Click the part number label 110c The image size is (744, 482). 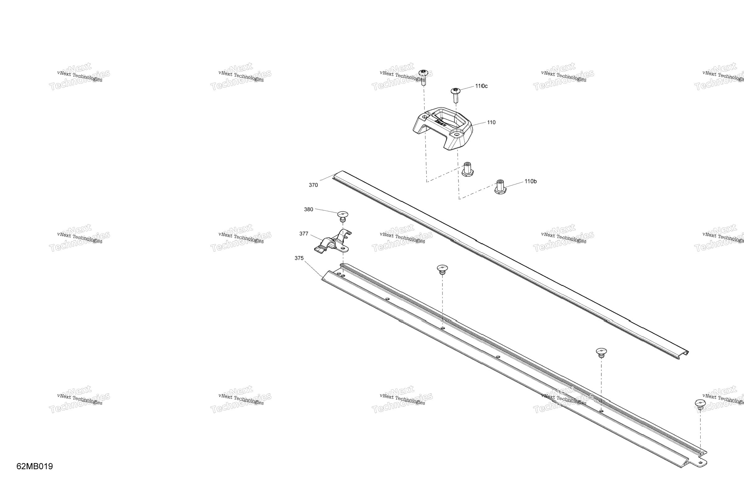481,86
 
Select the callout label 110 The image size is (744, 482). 491,122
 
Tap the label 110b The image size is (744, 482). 530,181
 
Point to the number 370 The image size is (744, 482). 313,185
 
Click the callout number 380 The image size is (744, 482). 308,209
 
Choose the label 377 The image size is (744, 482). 304,233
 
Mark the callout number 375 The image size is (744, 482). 299,258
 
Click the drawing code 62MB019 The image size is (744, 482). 35,466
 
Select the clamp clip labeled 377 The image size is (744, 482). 333,243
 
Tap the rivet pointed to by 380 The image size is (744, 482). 343,216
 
